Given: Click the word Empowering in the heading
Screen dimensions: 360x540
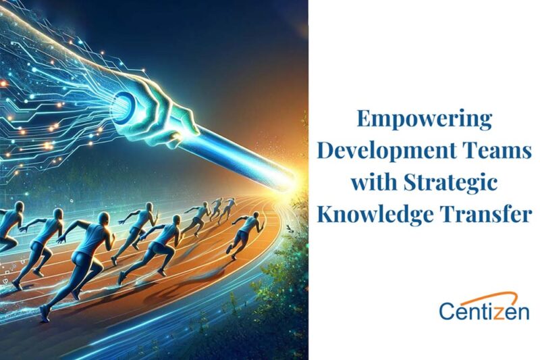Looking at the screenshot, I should (x=424, y=121).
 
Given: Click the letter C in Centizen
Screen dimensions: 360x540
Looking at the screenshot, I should (x=448, y=311).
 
